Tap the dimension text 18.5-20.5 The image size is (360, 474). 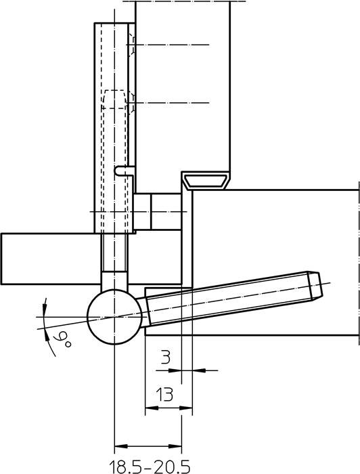(x=149, y=466)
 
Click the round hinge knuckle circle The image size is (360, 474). (x=114, y=316)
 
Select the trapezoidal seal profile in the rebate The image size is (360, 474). (x=208, y=179)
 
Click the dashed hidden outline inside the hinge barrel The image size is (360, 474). (x=113, y=102)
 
